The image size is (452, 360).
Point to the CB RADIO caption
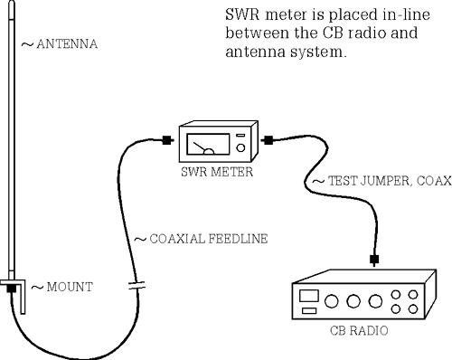[x=361, y=331]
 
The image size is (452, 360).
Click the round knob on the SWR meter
[x=240, y=148]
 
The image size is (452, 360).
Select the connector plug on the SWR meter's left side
[x=167, y=140]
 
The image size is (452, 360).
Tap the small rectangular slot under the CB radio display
[x=309, y=311]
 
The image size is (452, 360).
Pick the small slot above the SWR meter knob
[x=240, y=135]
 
